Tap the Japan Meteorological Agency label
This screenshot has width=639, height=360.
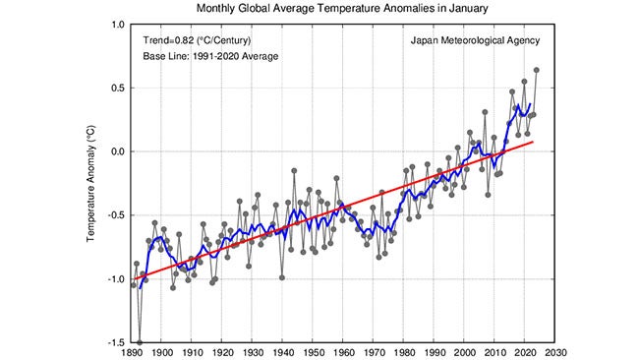click(475, 41)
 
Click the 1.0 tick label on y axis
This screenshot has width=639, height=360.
click(117, 25)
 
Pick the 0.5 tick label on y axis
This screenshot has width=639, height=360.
click(117, 88)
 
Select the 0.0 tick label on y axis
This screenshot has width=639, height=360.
click(117, 151)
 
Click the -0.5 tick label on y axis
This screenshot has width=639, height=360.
click(115, 215)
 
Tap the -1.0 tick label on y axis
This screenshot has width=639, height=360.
click(115, 278)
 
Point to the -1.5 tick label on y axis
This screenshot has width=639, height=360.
click(115, 342)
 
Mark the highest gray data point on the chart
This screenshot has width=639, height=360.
click(536, 70)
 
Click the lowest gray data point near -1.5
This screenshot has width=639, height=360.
click(141, 342)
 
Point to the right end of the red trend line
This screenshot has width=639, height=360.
click(533, 142)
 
